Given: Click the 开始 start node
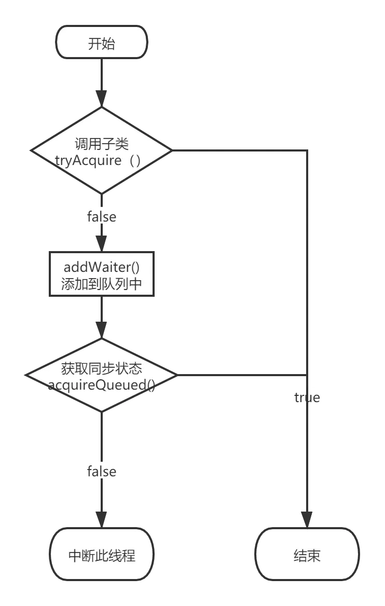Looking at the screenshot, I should (x=101, y=43).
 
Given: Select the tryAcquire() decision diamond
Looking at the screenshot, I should (x=101, y=151).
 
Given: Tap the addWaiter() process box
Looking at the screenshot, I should (x=102, y=275).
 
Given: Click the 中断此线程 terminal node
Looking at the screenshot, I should (x=102, y=555).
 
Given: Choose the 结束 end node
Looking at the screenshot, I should (x=307, y=555).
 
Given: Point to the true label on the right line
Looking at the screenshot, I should (x=307, y=397).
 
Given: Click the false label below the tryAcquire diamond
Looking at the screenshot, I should (x=102, y=215).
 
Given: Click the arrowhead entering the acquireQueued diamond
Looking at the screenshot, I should (x=102, y=329).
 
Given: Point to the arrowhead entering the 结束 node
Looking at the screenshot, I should (x=307, y=517).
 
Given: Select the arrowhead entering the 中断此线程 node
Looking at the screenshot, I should (x=102, y=518).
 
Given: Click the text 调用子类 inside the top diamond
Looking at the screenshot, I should (x=102, y=143).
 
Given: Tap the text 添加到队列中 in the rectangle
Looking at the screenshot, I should (x=102, y=284).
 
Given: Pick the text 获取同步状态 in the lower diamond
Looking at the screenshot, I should (x=102, y=368).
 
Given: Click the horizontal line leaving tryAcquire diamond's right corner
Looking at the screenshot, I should (x=239, y=151).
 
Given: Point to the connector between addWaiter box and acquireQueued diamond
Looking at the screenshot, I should (x=102, y=311).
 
